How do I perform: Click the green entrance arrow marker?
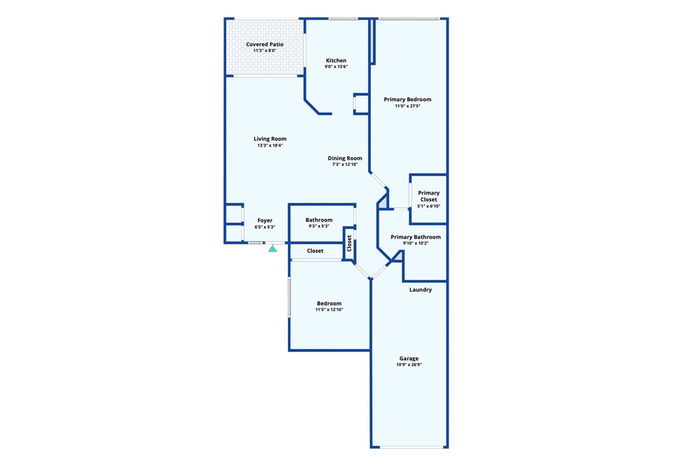pyautogui.click(x=272, y=249)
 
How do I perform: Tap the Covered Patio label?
pyautogui.click(x=265, y=44)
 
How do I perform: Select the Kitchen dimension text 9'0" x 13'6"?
pyautogui.click(x=336, y=67)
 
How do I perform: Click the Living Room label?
pyautogui.click(x=270, y=139)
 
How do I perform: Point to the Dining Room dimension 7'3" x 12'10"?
pyautogui.click(x=345, y=164)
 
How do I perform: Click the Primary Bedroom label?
pyautogui.click(x=407, y=99)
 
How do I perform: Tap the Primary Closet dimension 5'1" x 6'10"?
pyautogui.click(x=429, y=206)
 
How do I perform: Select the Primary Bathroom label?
pyautogui.click(x=416, y=237)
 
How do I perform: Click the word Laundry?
pyautogui.click(x=420, y=290)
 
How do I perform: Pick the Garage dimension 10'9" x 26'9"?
pyautogui.click(x=409, y=365)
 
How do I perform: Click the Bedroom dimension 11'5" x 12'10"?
pyautogui.click(x=329, y=310)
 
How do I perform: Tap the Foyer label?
pyautogui.click(x=265, y=221)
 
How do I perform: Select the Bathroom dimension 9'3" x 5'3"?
pyautogui.click(x=319, y=226)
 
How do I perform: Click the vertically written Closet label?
pyautogui.click(x=349, y=243)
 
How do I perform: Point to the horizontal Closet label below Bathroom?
pyautogui.click(x=315, y=251)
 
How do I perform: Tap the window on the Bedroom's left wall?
pyautogui.click(x=289, y=297)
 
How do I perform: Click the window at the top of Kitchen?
pyautogui.click(x=344, y=18)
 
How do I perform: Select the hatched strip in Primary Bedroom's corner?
pyautogui.click(x=372, y=41)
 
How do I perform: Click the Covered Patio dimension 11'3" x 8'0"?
pyautogui.click(x=265, y=51)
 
